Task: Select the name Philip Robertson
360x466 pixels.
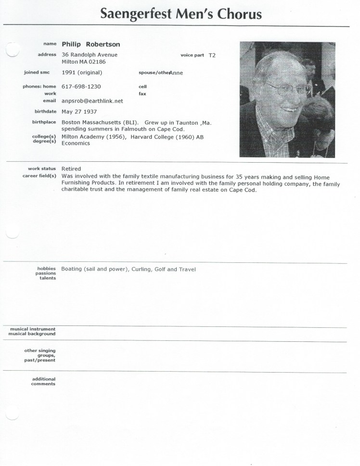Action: click(x=91, y=44)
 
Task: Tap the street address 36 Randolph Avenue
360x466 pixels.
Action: click(x=90, y=55)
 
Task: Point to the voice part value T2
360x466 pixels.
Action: click(x=212, y=55)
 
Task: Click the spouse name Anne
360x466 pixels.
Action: click(x=176, y=73)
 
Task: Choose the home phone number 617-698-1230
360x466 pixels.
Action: click(x=81, y=87)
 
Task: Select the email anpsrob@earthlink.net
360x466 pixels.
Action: click(x=92, y=101)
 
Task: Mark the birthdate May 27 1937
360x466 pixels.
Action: click(x=79, y=112)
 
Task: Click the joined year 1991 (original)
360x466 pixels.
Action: click(x=81, y=73)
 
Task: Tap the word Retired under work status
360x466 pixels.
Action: click(x=71, y=169)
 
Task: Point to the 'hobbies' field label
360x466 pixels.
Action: click(x=47, y=268)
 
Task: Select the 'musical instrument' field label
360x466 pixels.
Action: click(x=33, y=329)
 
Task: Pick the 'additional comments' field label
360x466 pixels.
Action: click(x=43, y=381)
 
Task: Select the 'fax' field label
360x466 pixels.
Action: click(x=142, y=94)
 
